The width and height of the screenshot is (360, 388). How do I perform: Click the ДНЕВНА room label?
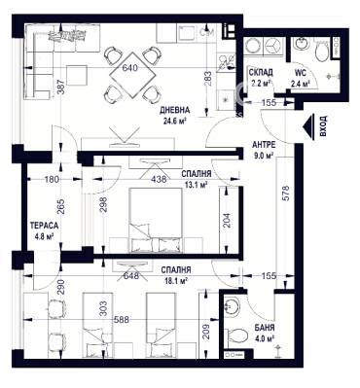(174, 110)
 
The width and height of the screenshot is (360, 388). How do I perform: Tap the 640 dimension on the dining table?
(129, 68)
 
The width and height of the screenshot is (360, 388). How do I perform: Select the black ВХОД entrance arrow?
(309, 127)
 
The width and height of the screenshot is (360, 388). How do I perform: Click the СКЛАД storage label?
(261, 72)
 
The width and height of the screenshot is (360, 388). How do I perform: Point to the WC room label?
(300, 72)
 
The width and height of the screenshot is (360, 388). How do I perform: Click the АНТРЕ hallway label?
(264, 145)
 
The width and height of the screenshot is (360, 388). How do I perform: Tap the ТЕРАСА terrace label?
(44, 225)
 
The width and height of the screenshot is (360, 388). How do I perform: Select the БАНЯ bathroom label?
(265, 328)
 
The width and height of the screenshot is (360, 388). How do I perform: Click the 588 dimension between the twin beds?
(122, 320)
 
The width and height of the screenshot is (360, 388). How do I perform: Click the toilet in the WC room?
(322, 51)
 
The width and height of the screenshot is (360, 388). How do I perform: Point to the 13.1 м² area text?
(197, 185)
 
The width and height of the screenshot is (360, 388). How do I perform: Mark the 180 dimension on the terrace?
(52, 179)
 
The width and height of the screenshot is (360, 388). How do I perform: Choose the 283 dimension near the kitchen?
(208, 79)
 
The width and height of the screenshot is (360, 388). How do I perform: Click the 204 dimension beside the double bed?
(226, 221)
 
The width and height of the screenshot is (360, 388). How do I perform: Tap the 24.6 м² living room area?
(176, 122)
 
